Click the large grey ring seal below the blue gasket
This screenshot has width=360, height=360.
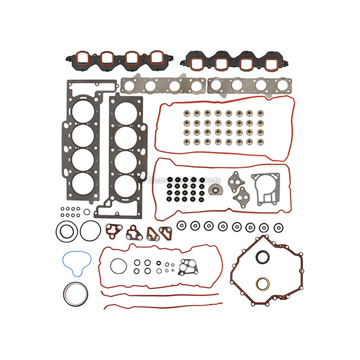click(74, 294)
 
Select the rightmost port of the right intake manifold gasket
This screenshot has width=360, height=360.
click(267, 62)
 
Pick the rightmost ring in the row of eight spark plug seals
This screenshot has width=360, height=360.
click(278, 227)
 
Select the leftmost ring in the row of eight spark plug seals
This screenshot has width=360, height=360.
click(181, 226)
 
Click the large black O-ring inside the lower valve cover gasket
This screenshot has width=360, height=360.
click(117, 265)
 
